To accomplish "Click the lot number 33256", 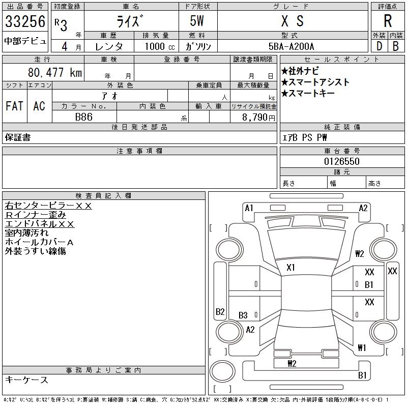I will (25, 22).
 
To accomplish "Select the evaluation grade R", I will (387, 21).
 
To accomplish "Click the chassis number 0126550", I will (342, 161).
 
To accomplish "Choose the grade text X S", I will (292, 21).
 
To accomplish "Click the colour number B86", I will (84, 117).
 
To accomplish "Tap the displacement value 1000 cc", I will (159, 46).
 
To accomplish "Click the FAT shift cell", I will (14, 106).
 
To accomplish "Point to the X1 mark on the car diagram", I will (291, 267).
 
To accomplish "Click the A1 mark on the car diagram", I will (249, 208).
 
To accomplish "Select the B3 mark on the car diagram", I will (243, 315).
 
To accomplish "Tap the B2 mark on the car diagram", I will (220, 311).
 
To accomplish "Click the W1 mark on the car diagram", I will (362, 348).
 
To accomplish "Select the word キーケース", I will (26, 380).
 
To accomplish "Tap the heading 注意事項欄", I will (139, 151).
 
